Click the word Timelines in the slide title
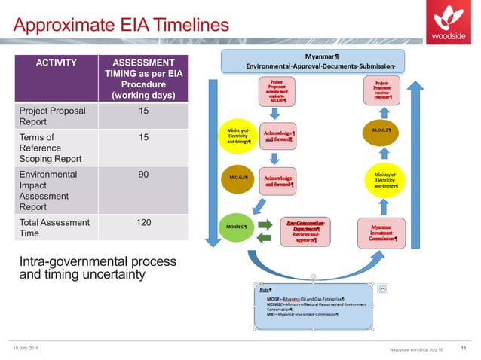click(186, 26)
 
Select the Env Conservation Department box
click(308, 231)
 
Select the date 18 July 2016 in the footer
click(28, 348)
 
